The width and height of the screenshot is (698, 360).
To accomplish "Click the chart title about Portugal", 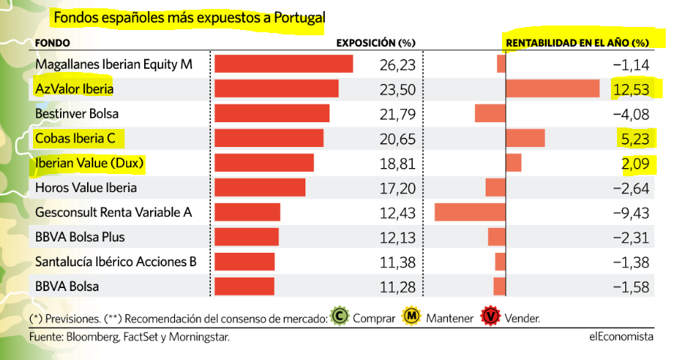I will (x=189, y=17).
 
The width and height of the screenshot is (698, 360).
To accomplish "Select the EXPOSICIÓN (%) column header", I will (x=375, y=43).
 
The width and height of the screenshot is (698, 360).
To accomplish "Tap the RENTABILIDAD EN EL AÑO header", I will (x=576, y=43).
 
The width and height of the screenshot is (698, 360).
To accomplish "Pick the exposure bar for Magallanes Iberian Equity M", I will (x=284, y=64).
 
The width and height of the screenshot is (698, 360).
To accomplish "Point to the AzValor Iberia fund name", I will (x=74, y=89).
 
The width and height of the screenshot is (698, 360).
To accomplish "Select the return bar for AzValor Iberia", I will (x=552, y=89).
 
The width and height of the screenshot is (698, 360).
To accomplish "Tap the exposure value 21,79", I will (x=398, y=114).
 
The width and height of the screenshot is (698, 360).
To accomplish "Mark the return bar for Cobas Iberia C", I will (x=525, y=139).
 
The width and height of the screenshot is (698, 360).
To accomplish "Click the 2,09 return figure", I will (x=634, y=163).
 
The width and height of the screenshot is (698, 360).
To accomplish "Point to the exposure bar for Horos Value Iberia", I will (x=260, y=187).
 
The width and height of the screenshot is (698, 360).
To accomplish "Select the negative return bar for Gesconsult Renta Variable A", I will (x=470, y=212).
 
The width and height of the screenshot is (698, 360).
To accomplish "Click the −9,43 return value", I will (x=630, y=212).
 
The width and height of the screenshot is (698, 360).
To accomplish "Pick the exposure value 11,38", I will (x=398, y=262).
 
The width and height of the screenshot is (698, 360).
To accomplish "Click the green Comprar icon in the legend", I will (x=340, y=316).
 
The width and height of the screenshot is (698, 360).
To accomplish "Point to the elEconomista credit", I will (x=621, y=337).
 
